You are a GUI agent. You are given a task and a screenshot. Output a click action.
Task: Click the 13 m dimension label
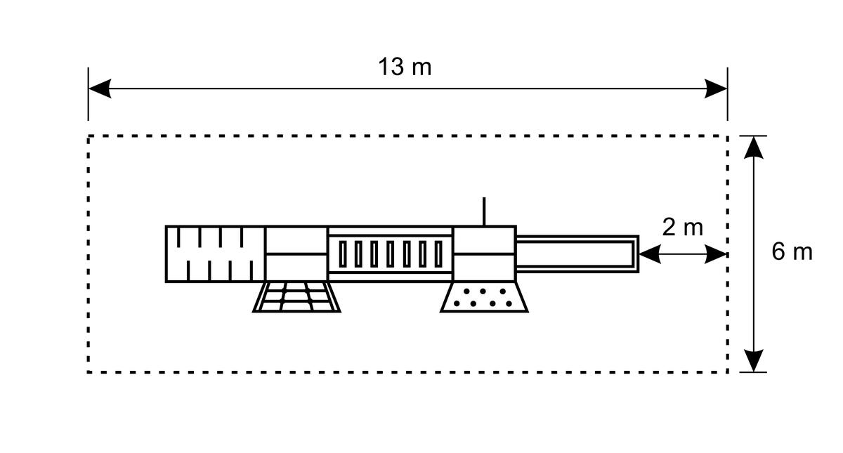(x=405, y=67)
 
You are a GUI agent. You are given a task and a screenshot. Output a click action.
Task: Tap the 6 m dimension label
(x=792, y=251)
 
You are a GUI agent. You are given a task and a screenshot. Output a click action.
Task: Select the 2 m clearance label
(x=682, y=228)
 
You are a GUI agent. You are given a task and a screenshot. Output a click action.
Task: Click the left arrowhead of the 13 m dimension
(x=100, y=88)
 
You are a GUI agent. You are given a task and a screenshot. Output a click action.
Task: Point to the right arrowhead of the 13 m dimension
(x=716, y=88)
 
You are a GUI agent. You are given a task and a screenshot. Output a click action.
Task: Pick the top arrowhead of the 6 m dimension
(x=754, y=147)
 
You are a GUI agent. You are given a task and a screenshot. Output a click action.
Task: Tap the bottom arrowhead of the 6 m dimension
(x=754, y=361)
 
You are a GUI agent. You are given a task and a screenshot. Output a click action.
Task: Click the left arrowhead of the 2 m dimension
(x=650, y=254)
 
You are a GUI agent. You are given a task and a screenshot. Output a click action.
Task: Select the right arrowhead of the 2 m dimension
(x=715, y=254)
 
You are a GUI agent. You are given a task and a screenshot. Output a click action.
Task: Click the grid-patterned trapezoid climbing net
(x=296, y=297)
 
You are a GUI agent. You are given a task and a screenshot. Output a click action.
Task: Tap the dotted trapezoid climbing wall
(x=484, y=297)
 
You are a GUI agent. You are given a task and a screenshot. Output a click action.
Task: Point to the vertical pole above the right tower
(x=484, y=211)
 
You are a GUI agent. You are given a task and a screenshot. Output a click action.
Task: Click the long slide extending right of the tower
(x=577, y=254)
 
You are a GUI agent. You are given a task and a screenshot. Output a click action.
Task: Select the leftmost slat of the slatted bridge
(x=343, y=254)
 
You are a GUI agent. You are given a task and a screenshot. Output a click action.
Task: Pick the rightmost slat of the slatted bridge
(x=438, y=254)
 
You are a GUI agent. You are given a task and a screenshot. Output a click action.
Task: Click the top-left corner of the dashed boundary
(x=88, y=136)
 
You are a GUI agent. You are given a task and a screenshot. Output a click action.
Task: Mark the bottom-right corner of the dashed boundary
(x=728, y=372)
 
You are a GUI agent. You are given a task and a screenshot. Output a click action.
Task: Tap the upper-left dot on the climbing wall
(x=466, y=291)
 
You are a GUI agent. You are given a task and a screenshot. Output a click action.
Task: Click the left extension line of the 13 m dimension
(x=88, y=94)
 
